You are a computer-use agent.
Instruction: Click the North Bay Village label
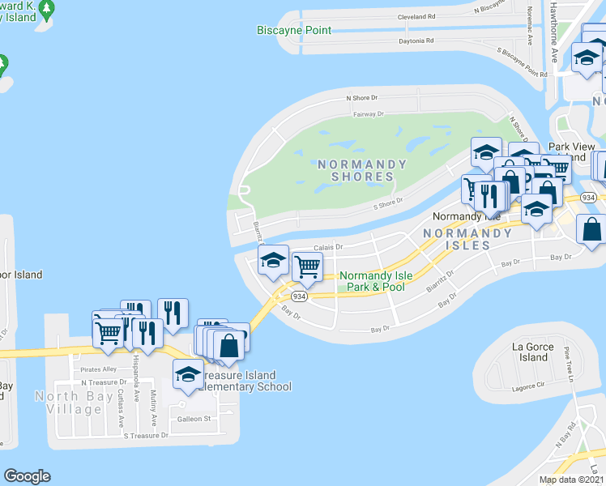click(68, 403)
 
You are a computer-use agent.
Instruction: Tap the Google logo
click(27, 476)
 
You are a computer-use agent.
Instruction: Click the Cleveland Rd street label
click(416, 16)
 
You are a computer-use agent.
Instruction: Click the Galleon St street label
click(194, 419)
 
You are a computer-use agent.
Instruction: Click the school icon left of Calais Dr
click(273, 260)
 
